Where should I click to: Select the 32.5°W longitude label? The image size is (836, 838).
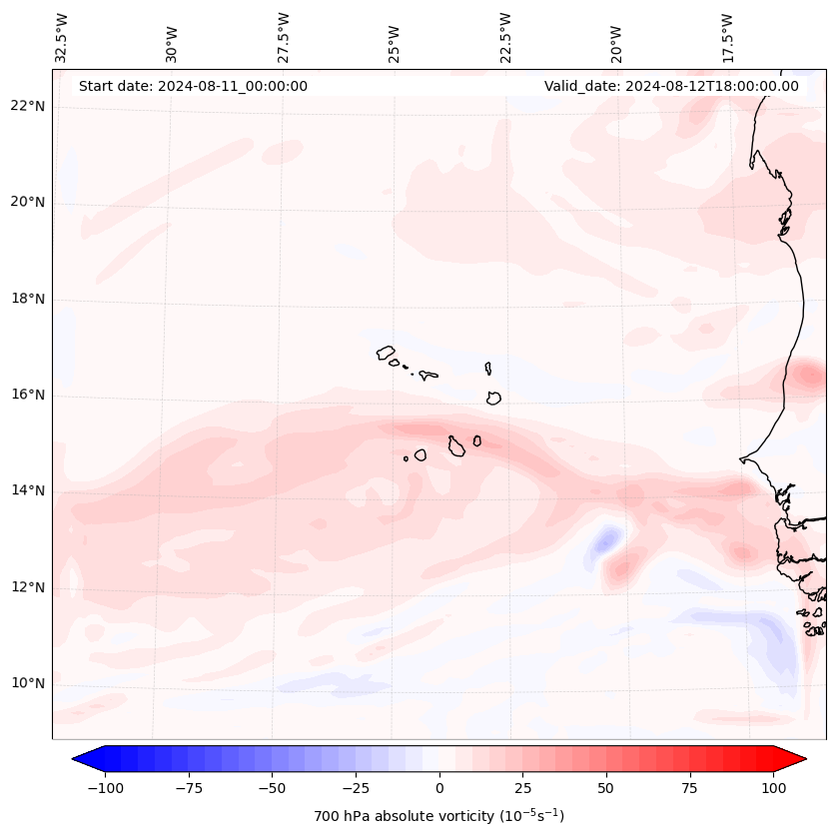pos(62,38)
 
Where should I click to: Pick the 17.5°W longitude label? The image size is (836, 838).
pos(727,38)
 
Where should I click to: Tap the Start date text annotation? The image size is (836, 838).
pos(193,86)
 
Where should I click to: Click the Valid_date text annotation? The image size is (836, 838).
pos(671,86)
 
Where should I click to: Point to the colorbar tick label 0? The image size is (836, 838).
pos(439,788)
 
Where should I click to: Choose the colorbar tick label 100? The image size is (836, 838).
pos(773,788)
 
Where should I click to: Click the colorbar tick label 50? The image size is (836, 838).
pos(606,788)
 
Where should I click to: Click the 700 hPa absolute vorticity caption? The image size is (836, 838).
pos(439,816)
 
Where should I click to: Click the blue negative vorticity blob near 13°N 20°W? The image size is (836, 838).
pos(603,542)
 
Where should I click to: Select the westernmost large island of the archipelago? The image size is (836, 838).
pos(386,353)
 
